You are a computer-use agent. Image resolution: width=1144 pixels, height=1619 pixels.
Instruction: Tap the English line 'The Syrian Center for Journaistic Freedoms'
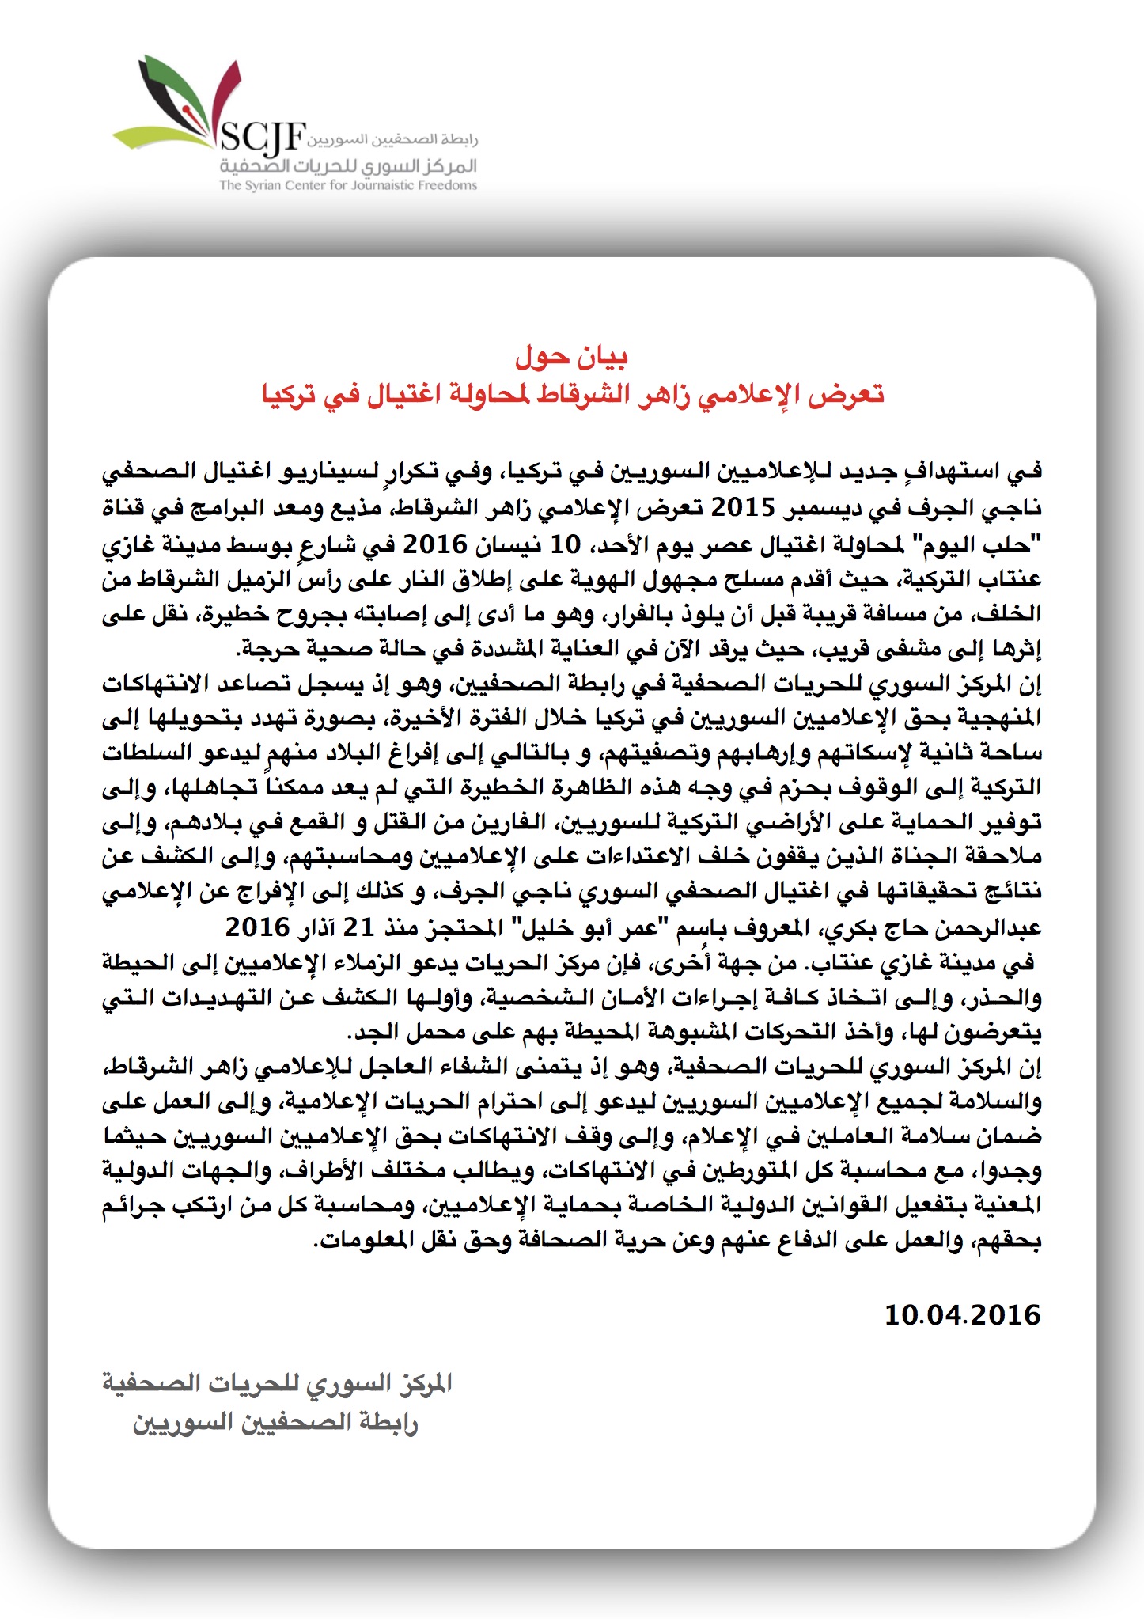pyautogui.click(x=348, y=185)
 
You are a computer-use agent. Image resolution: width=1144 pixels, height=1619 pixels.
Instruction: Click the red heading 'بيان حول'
pyautogui.click(x=571, y=357)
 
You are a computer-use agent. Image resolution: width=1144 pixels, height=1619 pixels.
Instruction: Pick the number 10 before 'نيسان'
pyautogui.click(x=566, y=544)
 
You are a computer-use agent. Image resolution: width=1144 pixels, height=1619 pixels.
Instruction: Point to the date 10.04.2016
pyautogui.click(x=962, y=1315)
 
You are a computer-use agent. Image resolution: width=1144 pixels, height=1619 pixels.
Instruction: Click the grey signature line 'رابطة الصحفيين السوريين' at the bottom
pyautogui.click(x=275, y=1423)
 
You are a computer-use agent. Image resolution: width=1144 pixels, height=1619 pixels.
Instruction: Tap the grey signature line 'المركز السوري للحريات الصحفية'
pyautogui.click(x=277, y=1383)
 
